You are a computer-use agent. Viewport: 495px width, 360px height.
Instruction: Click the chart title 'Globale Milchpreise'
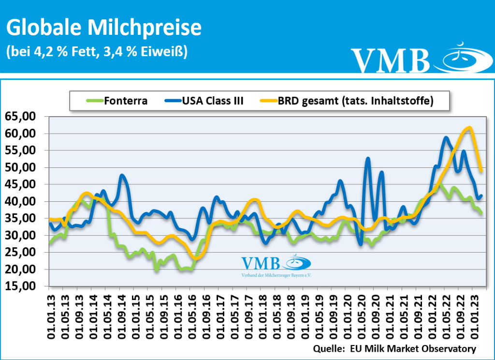(x=103, y=28)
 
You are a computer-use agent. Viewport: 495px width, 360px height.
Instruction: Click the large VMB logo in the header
(x=416, y=59)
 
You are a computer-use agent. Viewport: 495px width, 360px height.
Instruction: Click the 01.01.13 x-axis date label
(x=51, y=315)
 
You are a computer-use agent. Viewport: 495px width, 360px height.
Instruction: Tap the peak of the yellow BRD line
(x=468, y=128)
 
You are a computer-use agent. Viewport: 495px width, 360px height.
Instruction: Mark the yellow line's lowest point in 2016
(x=195, y=258)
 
